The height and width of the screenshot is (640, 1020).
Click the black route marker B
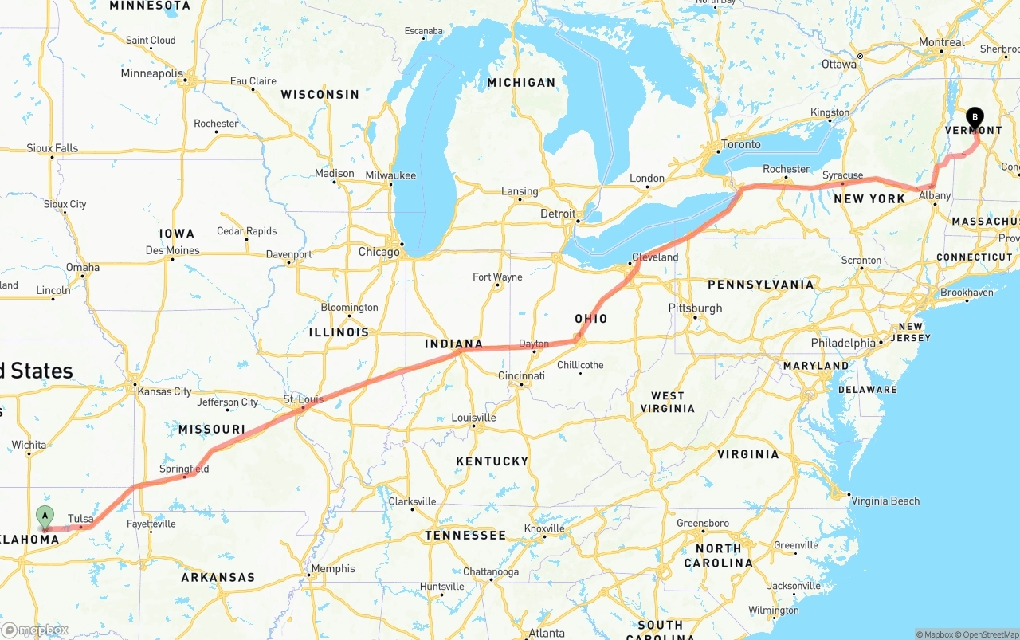coord(975,117)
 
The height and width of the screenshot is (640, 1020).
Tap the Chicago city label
coord(379,252)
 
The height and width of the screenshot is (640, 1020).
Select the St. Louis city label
coord(304,399)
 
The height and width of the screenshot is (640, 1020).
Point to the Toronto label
coord(740,145)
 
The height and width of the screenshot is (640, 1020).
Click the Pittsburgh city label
coord(696,308)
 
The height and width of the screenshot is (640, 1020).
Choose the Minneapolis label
coord(151,73)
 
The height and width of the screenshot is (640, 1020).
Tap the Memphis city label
coord(333,568)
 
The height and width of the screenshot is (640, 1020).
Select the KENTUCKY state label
coord(492,461)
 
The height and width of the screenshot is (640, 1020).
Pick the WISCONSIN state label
coord(320,94)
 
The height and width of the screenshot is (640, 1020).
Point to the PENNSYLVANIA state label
coord(760,285)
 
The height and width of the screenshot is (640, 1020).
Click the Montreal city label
coord(941,42)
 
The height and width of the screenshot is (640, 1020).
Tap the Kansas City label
coord(164,391)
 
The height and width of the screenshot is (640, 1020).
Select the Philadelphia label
coord(842,343)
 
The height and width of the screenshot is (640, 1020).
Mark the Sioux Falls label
coord(53,148)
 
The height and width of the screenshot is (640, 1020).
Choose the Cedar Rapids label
coord(247,231)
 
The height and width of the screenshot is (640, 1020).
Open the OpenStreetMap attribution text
coord(988,634)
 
